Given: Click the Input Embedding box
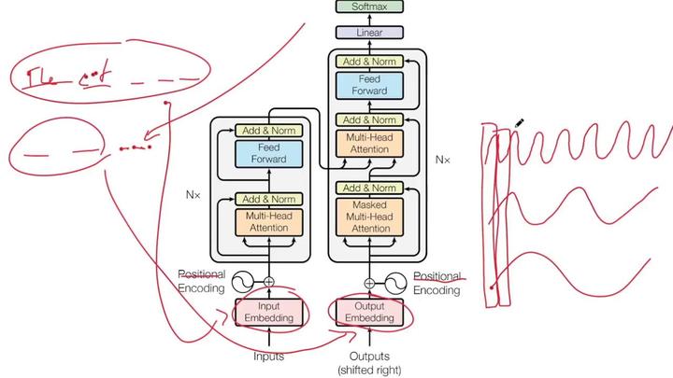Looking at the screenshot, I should (269, 312).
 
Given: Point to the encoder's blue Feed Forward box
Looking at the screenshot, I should (269, 153).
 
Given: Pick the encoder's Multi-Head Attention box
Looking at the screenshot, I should (269, 222).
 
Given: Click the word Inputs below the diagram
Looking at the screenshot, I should (269, 356).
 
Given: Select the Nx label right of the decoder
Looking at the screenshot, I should (442, 160).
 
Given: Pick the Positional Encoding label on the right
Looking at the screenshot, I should (437, 283).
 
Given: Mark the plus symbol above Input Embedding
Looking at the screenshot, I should (269, 282).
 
